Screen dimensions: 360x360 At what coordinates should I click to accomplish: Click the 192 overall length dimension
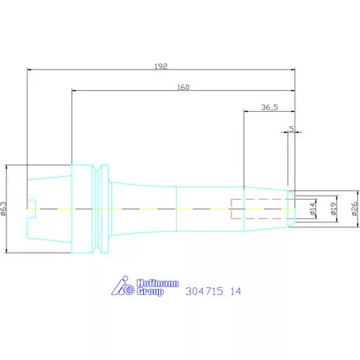(x=160, y=67)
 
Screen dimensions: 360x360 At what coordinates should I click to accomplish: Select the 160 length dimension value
(x=183, y=87)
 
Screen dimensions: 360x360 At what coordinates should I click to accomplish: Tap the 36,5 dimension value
(x=269, y=107)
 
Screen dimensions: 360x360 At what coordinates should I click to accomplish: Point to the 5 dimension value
(x=291, y=128)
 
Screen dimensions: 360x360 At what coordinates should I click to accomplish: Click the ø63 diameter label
(x=4, y=209)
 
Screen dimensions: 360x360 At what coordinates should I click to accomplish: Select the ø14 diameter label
(x=313, y=209)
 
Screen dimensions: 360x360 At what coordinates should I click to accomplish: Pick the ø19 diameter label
(x=333, y=209)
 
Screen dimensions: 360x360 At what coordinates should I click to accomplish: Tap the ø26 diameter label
(x=355, y=209)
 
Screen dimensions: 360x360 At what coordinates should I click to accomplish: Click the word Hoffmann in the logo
(x=158, y=283)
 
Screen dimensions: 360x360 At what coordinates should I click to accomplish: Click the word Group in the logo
(x=150, y=291)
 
